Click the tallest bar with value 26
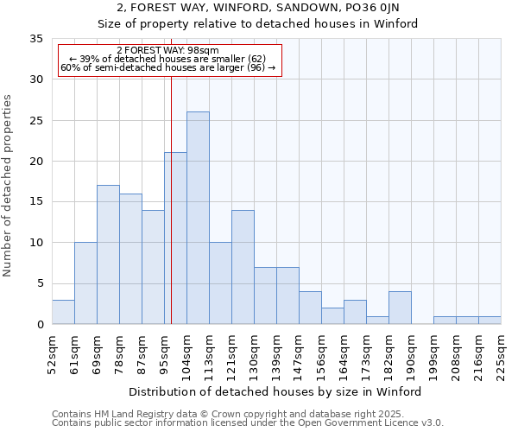198,218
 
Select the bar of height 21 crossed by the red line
175,238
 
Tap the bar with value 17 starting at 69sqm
108,255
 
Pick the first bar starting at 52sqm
63,312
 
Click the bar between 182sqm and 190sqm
400,308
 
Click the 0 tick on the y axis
40,325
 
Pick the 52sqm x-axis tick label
52,353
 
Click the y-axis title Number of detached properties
8,186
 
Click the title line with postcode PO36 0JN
258,9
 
